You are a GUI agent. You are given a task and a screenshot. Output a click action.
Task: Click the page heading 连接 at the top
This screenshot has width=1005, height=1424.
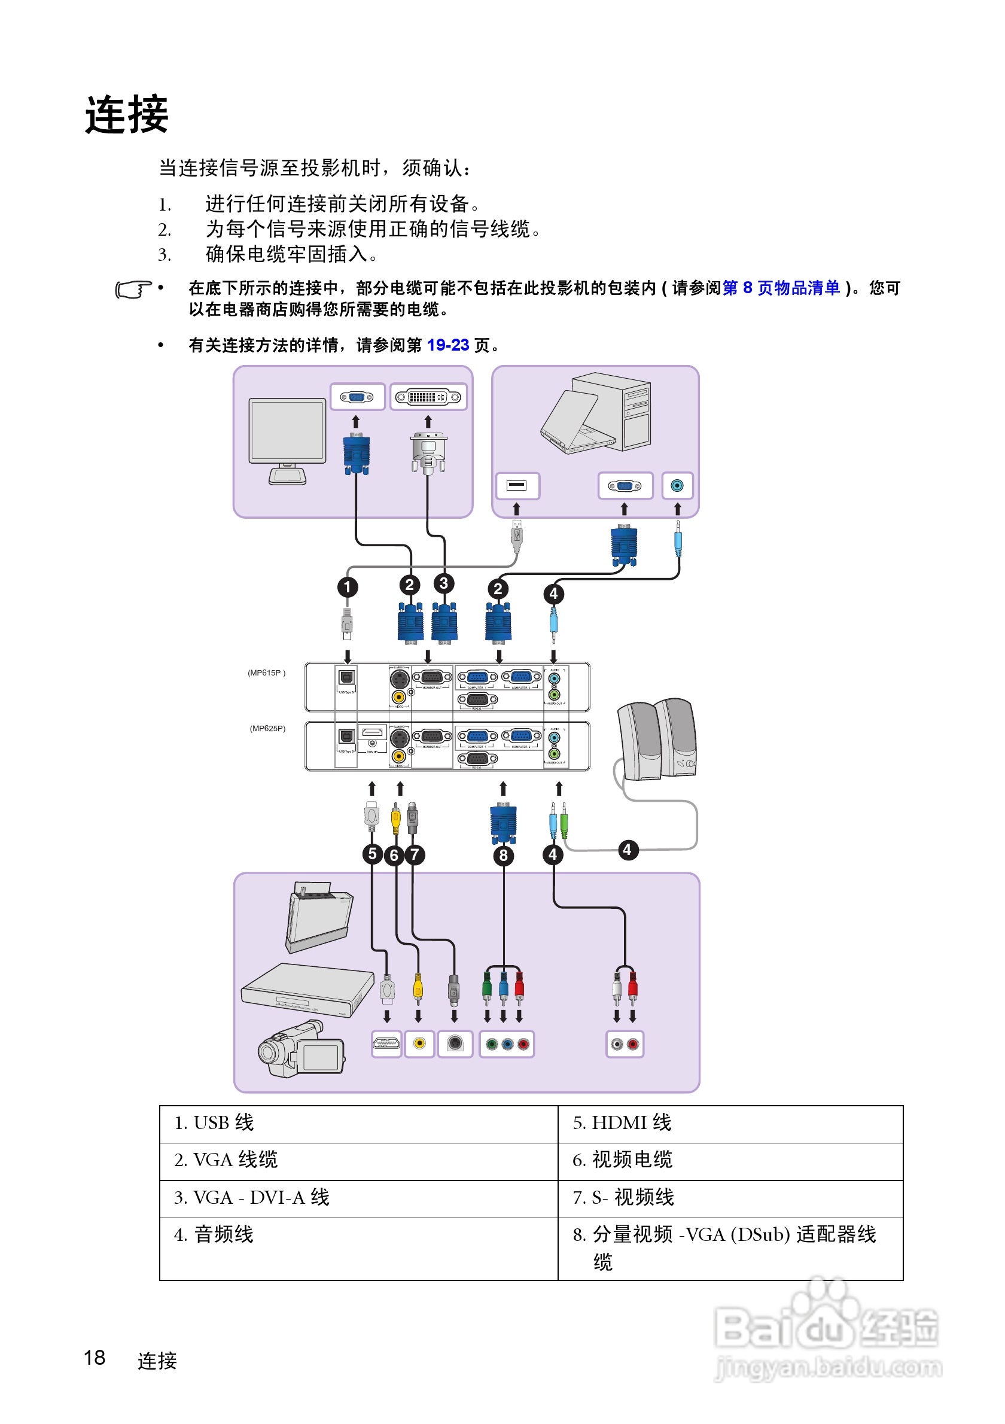(x=126, y=115)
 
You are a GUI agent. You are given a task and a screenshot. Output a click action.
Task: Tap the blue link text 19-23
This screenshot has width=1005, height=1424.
(x=447, y=345)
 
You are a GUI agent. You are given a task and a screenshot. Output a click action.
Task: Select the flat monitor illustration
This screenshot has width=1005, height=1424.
(x=287, y=440)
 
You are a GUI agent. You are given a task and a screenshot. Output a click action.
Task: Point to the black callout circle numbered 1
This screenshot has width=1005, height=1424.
(x=347, y=587)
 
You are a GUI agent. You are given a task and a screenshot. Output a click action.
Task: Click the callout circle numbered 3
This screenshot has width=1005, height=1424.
(x=443, y=583)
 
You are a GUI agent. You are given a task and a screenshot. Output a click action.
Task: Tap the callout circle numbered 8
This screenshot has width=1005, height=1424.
(x=503, y=855)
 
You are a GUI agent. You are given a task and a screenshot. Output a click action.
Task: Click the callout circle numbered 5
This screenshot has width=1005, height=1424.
(x=372, y=853)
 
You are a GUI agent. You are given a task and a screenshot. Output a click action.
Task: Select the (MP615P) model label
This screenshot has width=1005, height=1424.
(x=267, y=673)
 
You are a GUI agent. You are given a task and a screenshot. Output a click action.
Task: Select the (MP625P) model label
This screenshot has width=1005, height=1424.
(x=267, y=728)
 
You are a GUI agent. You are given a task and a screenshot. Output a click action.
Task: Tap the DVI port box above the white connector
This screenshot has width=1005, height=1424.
(x=428, y=397)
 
